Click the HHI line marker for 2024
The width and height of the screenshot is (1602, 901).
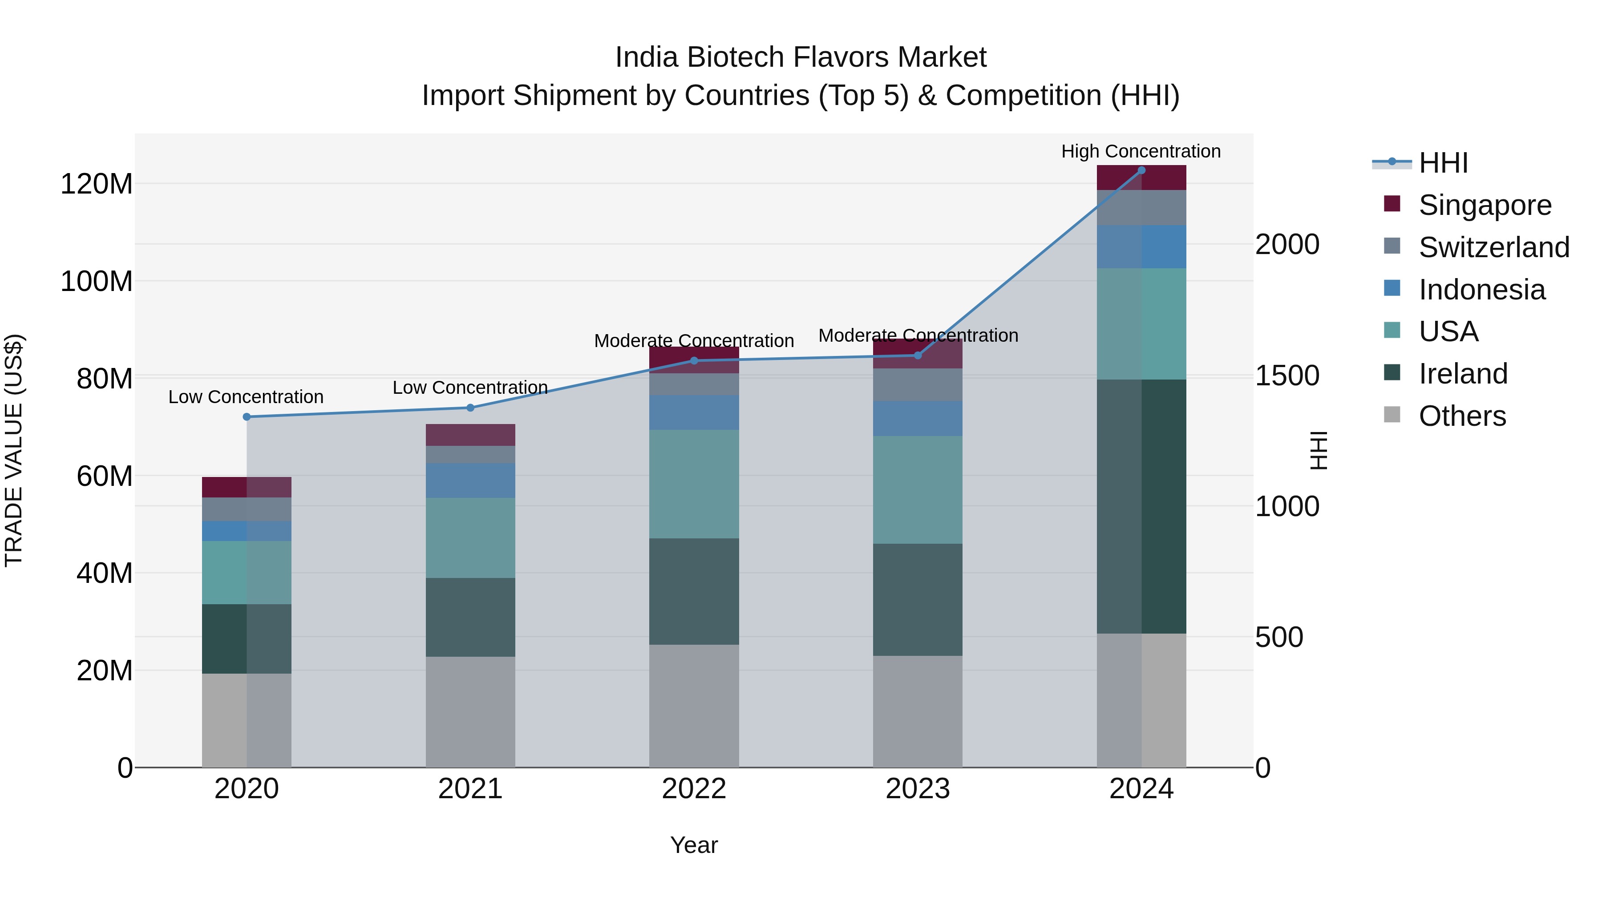click(1141, 170)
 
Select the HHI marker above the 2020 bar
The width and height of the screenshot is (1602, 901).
click(247, 416)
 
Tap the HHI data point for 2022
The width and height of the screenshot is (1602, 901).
click(694, 361)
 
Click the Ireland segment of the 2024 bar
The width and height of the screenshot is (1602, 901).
click(1141, 506)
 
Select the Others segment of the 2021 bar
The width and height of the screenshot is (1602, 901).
click(470, 711)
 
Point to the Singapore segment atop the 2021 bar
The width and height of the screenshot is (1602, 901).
click(470, 435)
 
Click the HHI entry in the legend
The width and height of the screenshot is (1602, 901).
click(1443, 163)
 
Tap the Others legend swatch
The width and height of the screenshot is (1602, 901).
click(1392, 415)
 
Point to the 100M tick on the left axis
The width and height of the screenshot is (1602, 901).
click(97, 281)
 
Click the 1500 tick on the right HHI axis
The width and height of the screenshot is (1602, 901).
click(1286, 376)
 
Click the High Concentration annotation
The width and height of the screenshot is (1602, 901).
click(1141, 151)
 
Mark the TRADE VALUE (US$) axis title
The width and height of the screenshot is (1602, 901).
click(14, 450)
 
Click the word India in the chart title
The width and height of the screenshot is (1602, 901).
click(647, 57)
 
